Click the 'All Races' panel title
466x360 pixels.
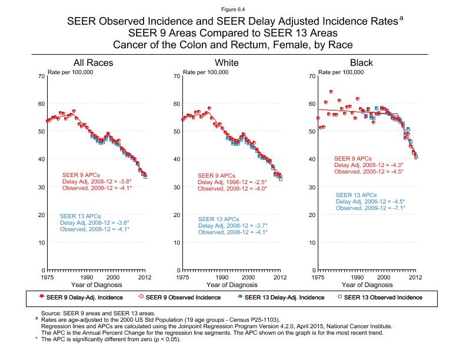click(93, 63)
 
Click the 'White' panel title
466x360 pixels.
click(227, 63)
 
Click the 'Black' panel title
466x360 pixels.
click(361, 63)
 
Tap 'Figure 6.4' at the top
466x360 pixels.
click(233, 9)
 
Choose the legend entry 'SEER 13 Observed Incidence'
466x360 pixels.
click(383, 297)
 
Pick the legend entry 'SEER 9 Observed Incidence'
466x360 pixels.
click(182, 297)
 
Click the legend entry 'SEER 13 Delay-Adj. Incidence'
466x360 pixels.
click(284, 297)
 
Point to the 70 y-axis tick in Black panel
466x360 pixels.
click(311, 76)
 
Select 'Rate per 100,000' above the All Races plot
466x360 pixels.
click(71, 72)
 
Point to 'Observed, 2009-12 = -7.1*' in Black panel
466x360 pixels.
click(370, 208)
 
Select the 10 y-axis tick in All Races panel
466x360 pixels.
click(41, 242)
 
